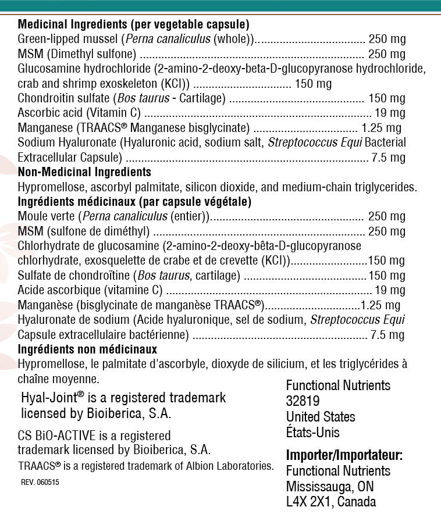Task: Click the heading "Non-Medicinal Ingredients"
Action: pos(84,172)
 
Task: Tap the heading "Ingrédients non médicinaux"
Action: pos(87,349)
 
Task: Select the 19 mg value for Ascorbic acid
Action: pos(390,113)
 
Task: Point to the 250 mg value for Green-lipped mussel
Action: pos(387,40)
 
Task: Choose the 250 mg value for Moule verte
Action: pos(387,216)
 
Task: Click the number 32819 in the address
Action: pos(303,401)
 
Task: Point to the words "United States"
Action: pos(320,417)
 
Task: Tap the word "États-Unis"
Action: pos(312,433)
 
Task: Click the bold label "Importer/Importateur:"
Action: pos(344,455)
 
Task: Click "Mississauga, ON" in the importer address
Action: pos(330,486)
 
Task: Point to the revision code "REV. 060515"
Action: pos(40,483)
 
